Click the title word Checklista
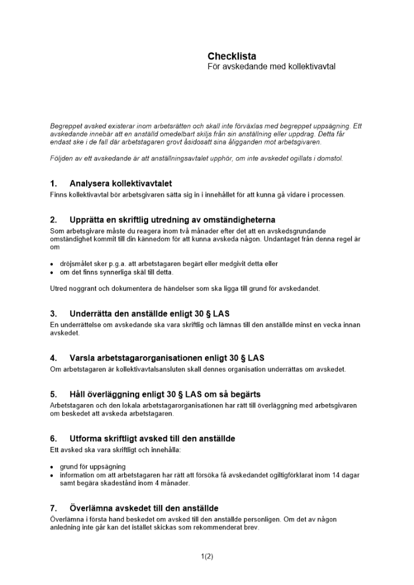point(231,56)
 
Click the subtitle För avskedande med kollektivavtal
point(271,67)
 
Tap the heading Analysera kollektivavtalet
point(120,184)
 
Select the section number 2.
point(53,221)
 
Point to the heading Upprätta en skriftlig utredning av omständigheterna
point(172,221)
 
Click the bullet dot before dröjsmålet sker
point(52,264)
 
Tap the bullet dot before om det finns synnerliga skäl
point(52,272)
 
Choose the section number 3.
point(53,314)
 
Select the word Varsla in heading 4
point(84,358)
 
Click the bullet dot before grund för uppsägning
point(52,467)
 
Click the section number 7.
point(53,508)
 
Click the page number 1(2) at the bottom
point(207,557)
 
